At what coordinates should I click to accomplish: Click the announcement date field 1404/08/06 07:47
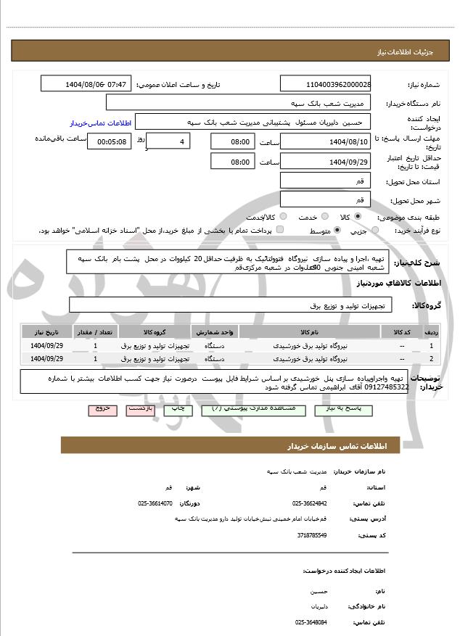tap(86, 85)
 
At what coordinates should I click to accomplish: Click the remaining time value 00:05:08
tap(109, 141)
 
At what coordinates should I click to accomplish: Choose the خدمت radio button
tap(324, 217)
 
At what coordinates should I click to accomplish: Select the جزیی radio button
tap(375, 231)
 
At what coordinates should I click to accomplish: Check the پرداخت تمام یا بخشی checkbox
tap(281, 231)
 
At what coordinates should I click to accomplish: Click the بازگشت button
tap(140, 410)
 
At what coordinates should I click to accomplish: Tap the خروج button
tap(102, 410)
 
